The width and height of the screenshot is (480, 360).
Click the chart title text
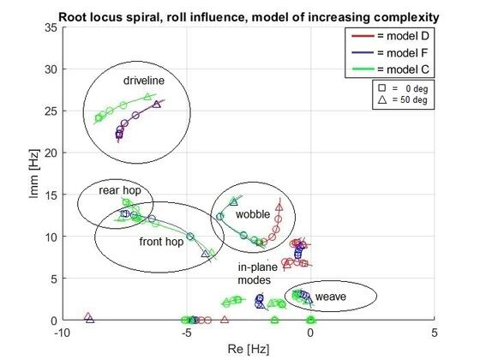tap(249, 17)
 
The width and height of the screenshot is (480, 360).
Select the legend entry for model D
tap(390, 36)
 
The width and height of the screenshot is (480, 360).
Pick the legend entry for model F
tap(389, 53)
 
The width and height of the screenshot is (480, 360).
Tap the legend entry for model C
tap(390, 69)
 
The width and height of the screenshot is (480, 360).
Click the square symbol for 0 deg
tap(381, 88)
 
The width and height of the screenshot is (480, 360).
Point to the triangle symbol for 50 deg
tap(382, 99)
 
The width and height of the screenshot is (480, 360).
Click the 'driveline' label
tap(144, 81)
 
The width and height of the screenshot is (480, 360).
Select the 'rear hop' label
tap(120, 190)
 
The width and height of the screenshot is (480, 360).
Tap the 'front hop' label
tap(161, 242)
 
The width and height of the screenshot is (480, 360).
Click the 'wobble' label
tap(253, 214)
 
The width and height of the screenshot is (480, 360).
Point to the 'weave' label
tap(331, 297)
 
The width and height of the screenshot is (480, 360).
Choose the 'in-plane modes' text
tap(258, 273)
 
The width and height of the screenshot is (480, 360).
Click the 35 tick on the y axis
tap(51, 28)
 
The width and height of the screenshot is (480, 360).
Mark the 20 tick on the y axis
tap(51, 153)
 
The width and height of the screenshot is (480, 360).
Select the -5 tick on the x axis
tap(187, 333)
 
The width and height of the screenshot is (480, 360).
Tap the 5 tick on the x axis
tap(435, 333)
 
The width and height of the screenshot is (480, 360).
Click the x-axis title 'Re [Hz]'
tap(249, 349)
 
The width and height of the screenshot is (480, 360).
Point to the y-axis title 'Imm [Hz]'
tap(34, 173)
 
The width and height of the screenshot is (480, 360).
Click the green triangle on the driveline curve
tap(147, 97)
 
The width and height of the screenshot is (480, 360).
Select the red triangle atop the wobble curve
tap(279, 207)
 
